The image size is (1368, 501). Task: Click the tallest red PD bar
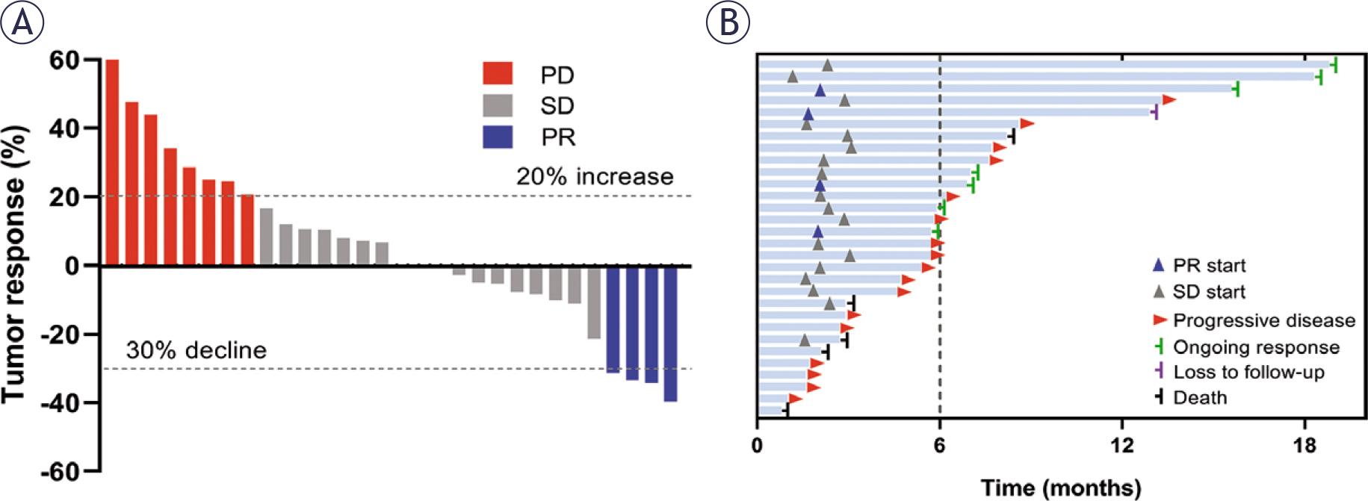[112, 162]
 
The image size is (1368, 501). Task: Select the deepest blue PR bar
[670, 334]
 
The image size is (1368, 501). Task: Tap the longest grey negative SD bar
[594, 302]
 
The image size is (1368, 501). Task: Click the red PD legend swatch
[498, 74]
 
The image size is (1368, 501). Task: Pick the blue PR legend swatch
[498, 137]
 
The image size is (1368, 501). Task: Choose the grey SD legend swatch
[498, 105]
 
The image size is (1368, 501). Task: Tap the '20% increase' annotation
[595, 177]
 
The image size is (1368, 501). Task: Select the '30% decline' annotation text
[196, 350]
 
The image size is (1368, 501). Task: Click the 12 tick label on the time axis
[1121, 446]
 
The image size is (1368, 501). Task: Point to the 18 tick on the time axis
[1304, 446]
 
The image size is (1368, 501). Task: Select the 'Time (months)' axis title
[1061, 488]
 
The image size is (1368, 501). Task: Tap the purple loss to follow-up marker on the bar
[1156, 113]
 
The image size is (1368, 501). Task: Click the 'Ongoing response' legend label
[1256, 347]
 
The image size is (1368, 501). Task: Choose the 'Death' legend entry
[1200, 397]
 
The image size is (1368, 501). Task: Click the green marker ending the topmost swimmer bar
[1334, 65]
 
